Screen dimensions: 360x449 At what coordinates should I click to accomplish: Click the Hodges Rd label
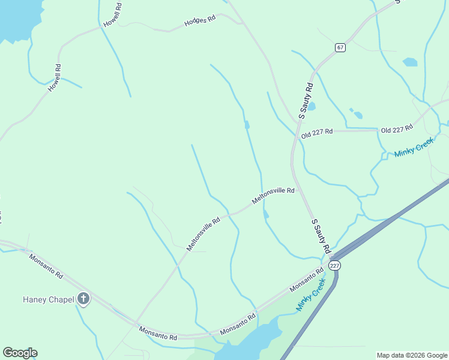pos(200,21)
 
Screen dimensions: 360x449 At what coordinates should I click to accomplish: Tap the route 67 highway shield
pos(340,47)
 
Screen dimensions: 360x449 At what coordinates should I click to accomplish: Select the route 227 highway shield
pos(334,265)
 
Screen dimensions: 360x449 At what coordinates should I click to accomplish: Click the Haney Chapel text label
pos(48,299)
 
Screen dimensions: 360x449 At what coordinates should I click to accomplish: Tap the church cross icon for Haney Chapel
pos(83,298)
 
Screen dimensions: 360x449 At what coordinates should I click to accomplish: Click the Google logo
pos(20,353)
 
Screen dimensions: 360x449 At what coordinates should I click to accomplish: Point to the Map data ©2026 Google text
pos(412,355)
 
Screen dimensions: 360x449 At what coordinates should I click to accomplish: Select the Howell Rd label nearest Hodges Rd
pos(112,14)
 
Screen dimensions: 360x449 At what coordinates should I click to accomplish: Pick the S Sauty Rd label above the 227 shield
pos(321,235)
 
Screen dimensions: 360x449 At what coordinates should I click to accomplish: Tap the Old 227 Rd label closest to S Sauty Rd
pos(317,133)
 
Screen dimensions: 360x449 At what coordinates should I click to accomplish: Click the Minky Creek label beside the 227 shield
pos(310,294)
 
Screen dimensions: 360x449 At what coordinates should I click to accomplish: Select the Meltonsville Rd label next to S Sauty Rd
pos(273,196)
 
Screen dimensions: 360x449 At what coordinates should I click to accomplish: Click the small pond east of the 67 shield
pos(410,62)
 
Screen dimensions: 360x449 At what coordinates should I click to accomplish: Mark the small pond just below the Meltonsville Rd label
pos(266,214)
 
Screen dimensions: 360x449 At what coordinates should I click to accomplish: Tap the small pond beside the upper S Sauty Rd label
pos(312,106)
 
